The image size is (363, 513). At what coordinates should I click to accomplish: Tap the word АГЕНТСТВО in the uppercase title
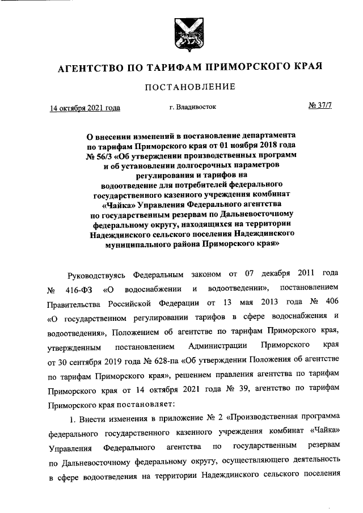pyautogui.click(x=91, y=67)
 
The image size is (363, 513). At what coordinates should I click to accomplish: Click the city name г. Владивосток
pyautogui.click(x=193, y=106)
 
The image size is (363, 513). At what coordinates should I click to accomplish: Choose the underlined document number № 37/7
pyautogui.click(x=319, y=106)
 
